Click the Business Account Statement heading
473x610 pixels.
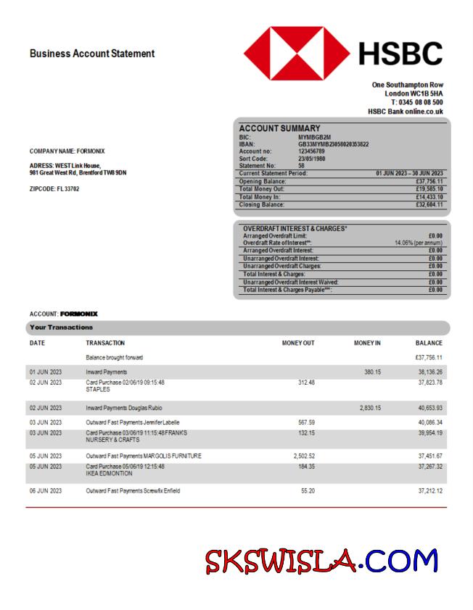coord(92,54)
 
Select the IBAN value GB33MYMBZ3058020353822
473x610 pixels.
coord(333,144)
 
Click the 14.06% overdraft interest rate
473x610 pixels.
coord(419,243)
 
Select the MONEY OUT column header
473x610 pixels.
coord(298,343)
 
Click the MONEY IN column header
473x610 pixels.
coord(367,343)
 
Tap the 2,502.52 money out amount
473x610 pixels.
coord(304,456)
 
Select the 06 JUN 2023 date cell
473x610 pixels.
coord(46,491)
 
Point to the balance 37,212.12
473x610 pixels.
coord(430,491)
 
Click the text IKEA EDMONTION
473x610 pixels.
coord(110,473)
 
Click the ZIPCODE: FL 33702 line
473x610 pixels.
coord(54,189)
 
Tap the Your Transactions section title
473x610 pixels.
coord(61,327)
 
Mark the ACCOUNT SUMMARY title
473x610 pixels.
coord(279,128)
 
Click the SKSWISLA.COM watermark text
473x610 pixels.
coord(321,561)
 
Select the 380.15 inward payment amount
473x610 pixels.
coord(372,372)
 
